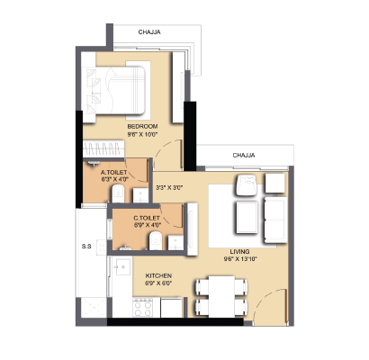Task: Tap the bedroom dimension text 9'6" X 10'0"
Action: coord(142,134)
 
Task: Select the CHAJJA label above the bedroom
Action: coord(149,31)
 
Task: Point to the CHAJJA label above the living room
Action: coord(244,155)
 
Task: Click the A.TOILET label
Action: coord(114,173)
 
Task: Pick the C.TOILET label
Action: coord(147,218)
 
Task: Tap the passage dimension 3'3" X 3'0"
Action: coord(169,188)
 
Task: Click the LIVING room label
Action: coord(239,251)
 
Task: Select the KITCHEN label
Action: coord(158,275)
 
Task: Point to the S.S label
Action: coord(86,247)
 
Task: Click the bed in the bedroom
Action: coord(114,90)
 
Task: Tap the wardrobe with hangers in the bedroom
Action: coord(103,148)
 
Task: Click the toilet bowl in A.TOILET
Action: coord(118,193)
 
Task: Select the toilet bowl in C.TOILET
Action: coord(156,240)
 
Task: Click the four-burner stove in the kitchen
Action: coord(142,307)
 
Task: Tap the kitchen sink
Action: coord(123,266)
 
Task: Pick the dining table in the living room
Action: coord(221,296)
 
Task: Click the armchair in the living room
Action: coord(246,185)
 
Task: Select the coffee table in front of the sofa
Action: coord(247,217)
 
